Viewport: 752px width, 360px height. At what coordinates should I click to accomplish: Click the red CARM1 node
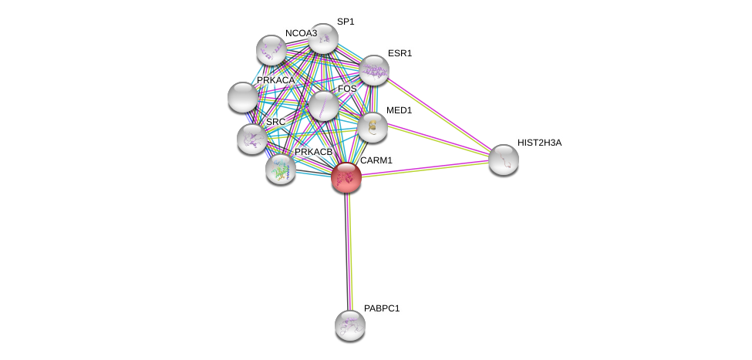click(x=346, y=177)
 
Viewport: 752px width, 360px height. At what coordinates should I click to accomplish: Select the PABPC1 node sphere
click(x=350, y=325)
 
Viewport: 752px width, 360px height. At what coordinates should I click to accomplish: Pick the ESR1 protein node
click(x=374, y=70)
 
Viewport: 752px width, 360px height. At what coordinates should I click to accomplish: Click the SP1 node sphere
click(x=323, y=39)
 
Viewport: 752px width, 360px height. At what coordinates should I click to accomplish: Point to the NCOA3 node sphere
click(x=271, y=50)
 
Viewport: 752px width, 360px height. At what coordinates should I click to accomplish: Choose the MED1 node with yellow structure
click(x=373, y=127)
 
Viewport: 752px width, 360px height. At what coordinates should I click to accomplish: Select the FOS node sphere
click(x=324, y=106)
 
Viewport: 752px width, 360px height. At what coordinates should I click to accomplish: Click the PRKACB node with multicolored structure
click(x=281, y=170)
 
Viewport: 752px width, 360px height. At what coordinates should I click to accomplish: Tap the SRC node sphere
click(x=251, y=139)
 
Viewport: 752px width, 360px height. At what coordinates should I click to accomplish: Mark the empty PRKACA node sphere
click(x=243, y=97)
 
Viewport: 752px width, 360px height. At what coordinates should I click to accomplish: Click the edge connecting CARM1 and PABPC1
click(x=348, y=251)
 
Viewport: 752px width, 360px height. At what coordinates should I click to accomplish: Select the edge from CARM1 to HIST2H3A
click(x=425, y=168)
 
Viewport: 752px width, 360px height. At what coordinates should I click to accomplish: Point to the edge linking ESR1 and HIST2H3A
click(x=439, y=115)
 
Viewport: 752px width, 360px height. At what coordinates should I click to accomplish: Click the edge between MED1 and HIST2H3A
click(x=438, y=140)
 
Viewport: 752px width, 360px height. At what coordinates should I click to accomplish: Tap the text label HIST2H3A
click(x=539, y=143)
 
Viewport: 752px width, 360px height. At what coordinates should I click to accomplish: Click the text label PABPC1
click(x=382, y=308)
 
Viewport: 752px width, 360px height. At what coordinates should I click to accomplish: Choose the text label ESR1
click(x=400, y=54)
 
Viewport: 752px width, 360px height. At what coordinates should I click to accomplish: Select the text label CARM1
click(x=376, y=160)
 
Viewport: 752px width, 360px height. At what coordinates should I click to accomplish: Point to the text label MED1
click(x=399, y=111)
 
